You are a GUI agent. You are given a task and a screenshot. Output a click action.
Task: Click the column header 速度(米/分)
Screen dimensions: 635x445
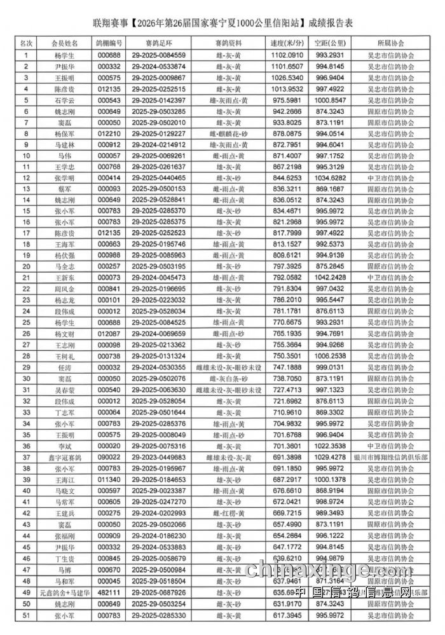286,43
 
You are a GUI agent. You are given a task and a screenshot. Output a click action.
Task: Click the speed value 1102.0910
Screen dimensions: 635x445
286,55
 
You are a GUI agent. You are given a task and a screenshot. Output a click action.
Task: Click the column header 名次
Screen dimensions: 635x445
26,43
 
